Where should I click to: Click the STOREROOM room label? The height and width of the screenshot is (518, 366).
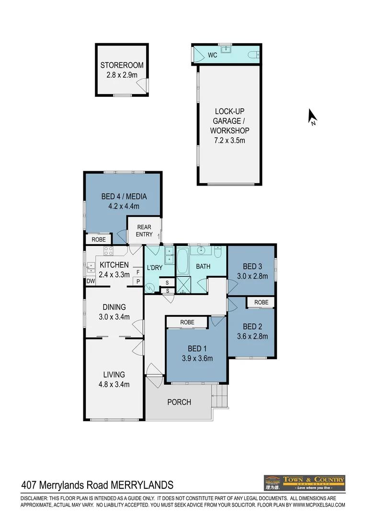[122, 66]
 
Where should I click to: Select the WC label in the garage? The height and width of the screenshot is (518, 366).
[213, 55]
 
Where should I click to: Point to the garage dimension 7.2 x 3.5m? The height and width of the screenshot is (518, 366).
[229, 141]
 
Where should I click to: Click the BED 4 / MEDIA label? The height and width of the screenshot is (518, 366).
[124, 196]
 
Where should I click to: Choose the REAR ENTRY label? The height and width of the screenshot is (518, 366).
[144, 231]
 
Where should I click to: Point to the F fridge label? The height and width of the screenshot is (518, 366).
[137, 272]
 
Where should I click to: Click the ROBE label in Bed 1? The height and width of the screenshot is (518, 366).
[187, 322]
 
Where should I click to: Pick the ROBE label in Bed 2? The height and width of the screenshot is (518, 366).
[261, 302]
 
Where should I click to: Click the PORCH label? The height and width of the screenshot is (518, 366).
[179, 402]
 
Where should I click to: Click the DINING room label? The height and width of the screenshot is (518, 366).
[114, 307]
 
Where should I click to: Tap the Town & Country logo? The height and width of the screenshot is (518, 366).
[304, 482]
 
